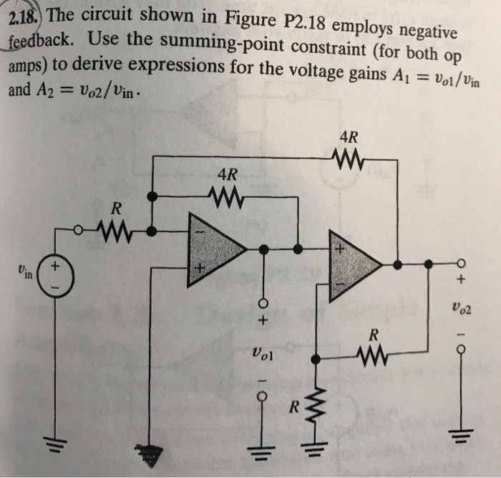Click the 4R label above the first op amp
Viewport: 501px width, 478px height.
tap(228, 173)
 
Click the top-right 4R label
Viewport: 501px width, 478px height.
tap(349, 136)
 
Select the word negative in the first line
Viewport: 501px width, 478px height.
tap(423, 29)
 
